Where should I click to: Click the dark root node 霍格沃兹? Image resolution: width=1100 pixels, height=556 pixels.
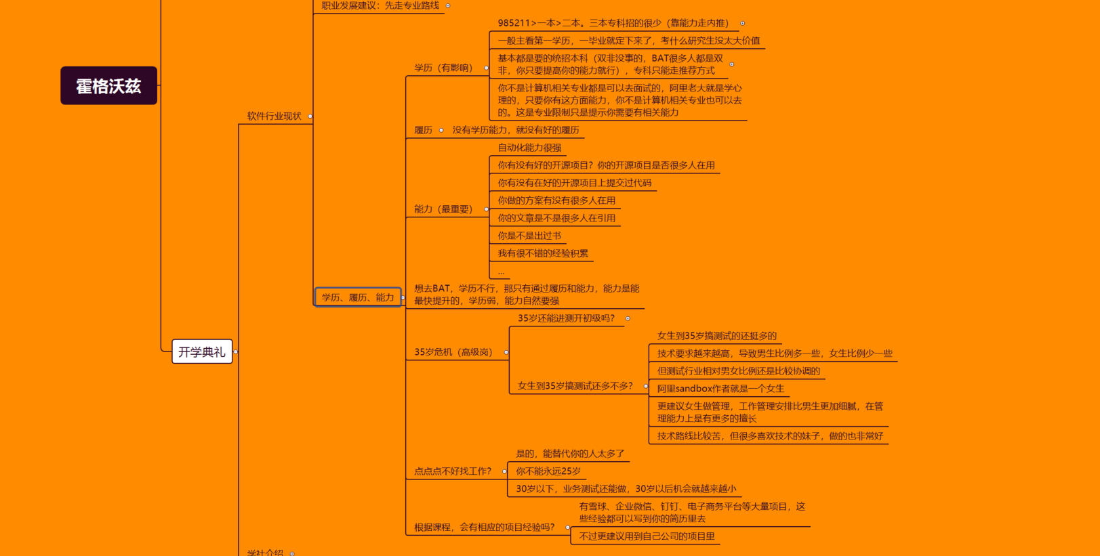point(109,86)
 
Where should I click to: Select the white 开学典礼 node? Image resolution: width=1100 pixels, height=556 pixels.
point(202,352)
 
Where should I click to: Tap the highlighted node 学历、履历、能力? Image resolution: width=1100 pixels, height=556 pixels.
point(358,297)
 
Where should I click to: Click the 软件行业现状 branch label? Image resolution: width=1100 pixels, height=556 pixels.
point(274,116)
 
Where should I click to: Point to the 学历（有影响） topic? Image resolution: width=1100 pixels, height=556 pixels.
point(443,68)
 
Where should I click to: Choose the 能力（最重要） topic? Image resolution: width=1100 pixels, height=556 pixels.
point(443,209)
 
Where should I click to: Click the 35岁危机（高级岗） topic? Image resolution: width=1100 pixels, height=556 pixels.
point(453,352)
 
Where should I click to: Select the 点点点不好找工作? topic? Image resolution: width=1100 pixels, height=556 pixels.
point(452,471)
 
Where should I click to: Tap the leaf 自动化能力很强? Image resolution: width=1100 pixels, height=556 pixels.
point(529,148)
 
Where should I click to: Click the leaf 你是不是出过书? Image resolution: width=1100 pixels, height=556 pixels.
point(529,236)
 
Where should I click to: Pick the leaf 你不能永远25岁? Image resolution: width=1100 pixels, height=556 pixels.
point(548,471)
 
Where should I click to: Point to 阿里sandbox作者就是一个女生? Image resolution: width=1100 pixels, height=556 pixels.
point(720,389)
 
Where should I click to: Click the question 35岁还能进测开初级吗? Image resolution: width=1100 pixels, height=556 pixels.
point(566,318)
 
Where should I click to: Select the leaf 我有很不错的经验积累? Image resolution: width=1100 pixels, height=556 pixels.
point(543,253)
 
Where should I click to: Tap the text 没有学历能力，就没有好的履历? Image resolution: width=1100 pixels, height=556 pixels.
point(516,130)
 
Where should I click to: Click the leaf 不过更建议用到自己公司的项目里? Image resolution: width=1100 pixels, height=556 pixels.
point(647,536)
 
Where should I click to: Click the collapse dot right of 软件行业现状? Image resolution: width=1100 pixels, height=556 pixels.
point(310,116)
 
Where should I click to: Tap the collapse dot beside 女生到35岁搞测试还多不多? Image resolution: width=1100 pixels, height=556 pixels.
point(646,386)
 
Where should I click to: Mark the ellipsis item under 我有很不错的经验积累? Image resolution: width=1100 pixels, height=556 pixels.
point(501,272)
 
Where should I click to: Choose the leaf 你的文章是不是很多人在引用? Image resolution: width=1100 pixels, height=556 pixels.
point(556,218)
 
